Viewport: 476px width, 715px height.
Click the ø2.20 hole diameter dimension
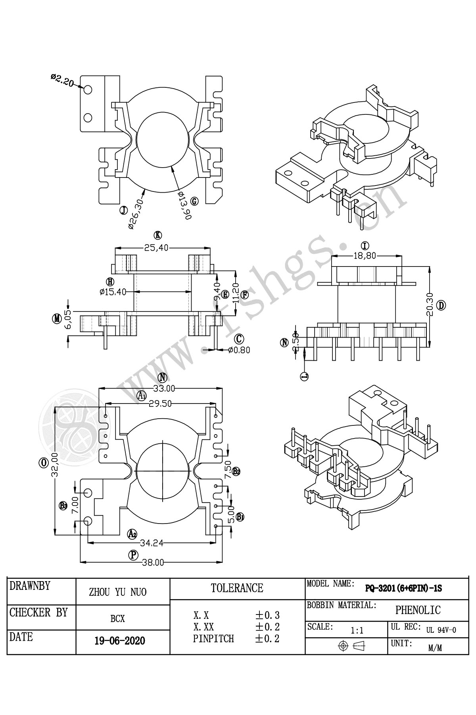(x=62, y=80)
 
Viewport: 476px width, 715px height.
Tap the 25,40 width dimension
(x=156, y=248)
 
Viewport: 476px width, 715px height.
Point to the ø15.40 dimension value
(x=113, y=292)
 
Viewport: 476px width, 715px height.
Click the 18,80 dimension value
(x=365, y=256)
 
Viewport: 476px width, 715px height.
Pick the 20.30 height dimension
(x=430, y=305)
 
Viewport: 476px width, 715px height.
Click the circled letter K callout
(x=158, y=235)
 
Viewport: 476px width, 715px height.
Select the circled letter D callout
(x=441, y=305)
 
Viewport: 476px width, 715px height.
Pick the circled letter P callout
(x=134, y=555)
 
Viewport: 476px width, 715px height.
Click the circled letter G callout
(x=194, y=201)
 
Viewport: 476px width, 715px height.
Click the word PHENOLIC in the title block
(x=418, y=610)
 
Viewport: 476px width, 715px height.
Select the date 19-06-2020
(x=120, y=641)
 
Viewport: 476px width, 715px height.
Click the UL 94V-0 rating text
(x=441, y=630)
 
